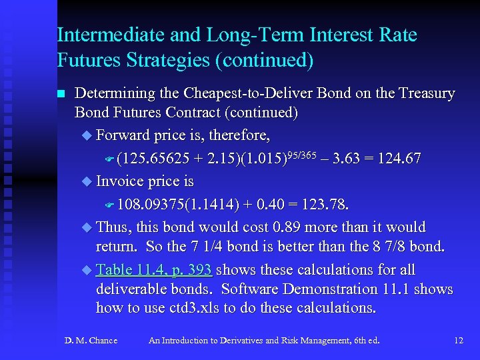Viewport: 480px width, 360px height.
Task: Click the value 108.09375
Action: click(x=151, y=204)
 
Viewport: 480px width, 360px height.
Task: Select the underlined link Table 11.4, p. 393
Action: click(x=154, y=270)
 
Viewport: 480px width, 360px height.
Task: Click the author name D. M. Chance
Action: click(x=91, y=341)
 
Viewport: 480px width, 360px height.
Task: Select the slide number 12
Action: click(x=458, y=341)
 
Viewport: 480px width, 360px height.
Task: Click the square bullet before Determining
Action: click(x=61, y=94)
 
